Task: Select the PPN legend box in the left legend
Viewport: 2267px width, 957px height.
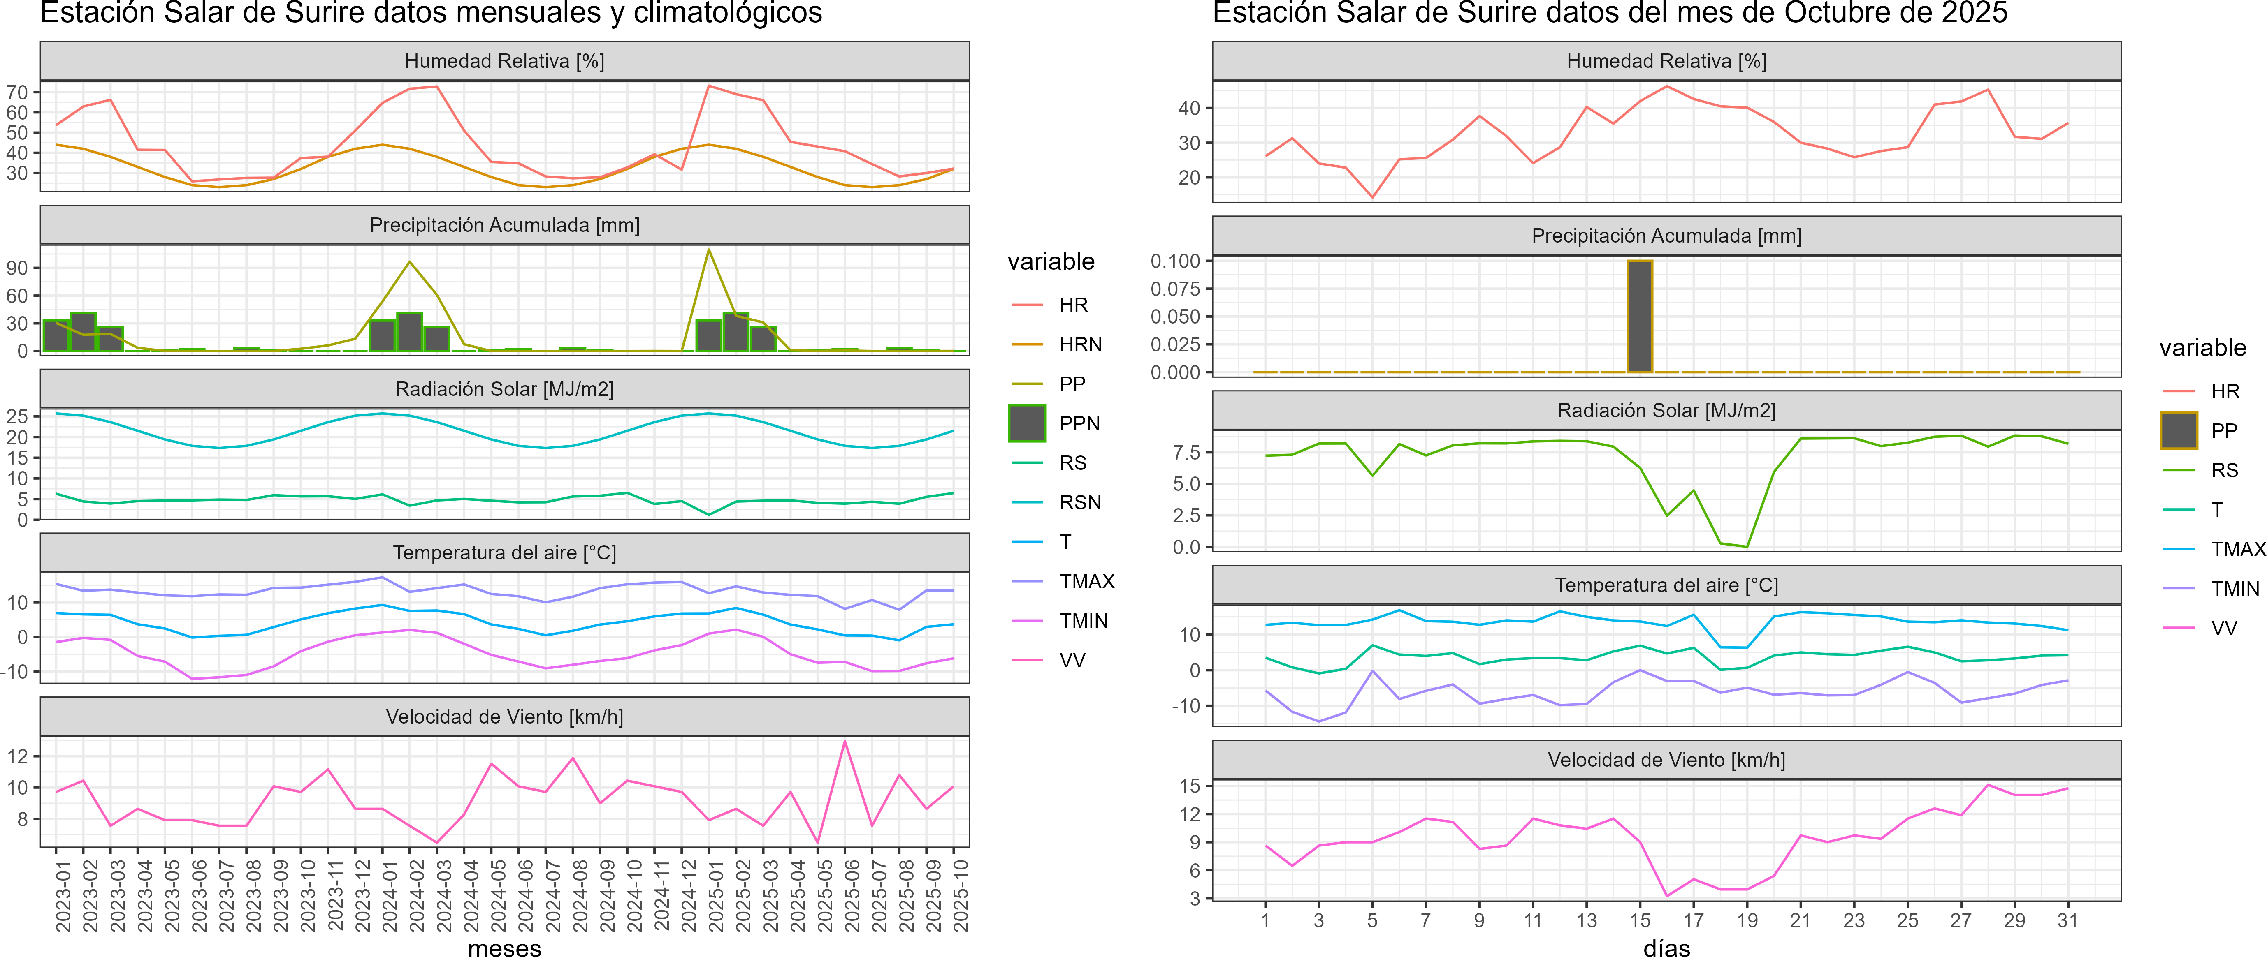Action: click(1027, 423)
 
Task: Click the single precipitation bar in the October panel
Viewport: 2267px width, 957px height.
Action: click(1640, 317)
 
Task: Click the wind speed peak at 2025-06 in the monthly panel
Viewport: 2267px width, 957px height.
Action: click(845, 742)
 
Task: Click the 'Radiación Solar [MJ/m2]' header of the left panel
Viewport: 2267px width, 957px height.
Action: click(504, 389)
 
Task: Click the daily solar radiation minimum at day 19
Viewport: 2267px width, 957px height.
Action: click(1747, 546)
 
